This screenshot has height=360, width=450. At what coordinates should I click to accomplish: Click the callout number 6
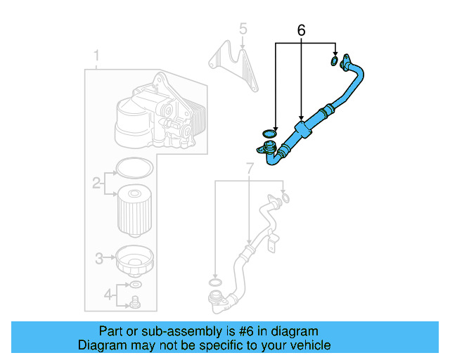coord(302,30)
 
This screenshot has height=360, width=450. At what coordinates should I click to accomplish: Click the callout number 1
coord(97,55)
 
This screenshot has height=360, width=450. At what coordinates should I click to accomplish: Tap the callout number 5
coord(243,30)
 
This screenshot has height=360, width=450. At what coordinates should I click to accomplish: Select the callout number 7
coord(249,168)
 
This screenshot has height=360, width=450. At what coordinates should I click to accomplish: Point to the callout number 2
coord(96,184)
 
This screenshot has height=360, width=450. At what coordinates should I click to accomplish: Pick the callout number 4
coord(108,294)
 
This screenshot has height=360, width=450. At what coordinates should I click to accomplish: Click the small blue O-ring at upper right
coord(334,63)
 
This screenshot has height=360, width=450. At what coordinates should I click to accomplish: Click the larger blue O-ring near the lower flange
coord(268,134)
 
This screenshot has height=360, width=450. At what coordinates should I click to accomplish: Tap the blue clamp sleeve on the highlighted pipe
coord(302,131)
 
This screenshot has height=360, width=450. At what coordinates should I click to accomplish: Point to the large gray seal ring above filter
coord(133,168)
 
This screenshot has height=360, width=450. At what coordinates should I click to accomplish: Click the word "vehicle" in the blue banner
coord(309,346)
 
